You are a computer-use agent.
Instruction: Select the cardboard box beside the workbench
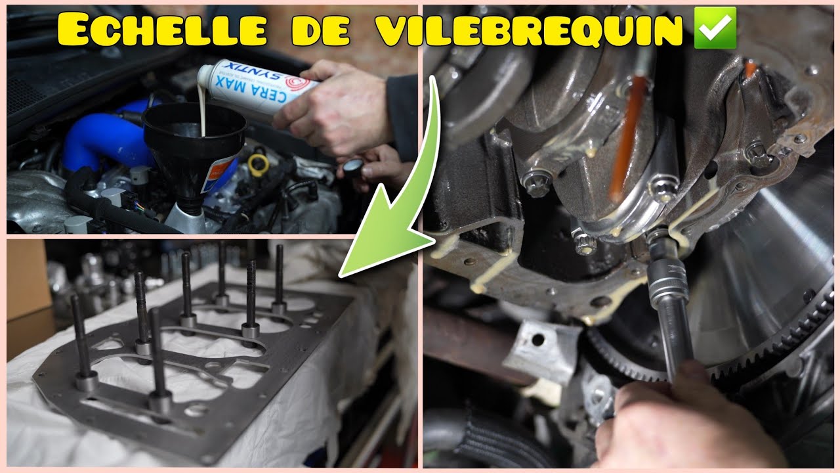(x=26, y=276)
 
